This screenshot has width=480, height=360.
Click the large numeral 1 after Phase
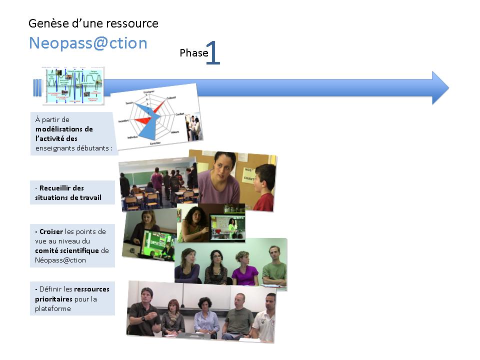(x=213, y=53)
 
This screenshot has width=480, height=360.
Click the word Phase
(x=193, y=53)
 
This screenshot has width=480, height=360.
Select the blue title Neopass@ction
(x=88, y=43)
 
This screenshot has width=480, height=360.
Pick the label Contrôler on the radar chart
(x=155, y=143)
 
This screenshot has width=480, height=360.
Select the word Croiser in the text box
(x=51, y=231)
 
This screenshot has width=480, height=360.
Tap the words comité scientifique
(x=67, y=250)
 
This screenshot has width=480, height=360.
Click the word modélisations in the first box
(x=64, y=129)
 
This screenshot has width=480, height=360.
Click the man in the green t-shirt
(x=273, y=265)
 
